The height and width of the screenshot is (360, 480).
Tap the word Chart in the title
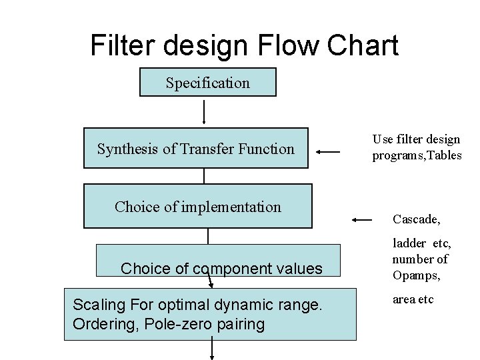point(368,45)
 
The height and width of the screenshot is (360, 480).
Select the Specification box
point(207,83)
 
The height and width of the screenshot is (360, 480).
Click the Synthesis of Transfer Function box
point(195,149)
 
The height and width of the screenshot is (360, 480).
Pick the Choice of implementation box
point(197,207)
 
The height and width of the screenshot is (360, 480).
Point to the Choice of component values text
point(221,269)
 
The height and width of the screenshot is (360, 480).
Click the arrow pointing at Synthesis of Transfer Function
point(327,152)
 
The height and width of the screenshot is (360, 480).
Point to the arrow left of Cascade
point(362,219)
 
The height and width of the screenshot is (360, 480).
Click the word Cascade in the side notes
point(416,219)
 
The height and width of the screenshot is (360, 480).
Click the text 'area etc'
point(413,299)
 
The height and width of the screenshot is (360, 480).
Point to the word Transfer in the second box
point(213,149)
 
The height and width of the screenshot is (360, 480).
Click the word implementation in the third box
point(233,207)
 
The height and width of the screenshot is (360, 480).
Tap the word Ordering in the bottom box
point(102,324)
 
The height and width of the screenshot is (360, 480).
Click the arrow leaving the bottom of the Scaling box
point(213,349)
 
